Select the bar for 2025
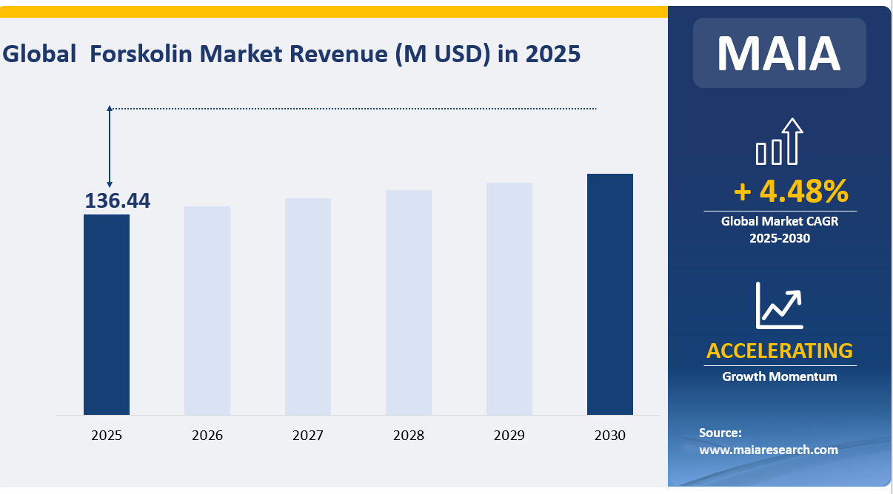107,314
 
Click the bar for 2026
207,311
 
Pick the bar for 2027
308,306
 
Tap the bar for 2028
409,302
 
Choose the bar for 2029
509,299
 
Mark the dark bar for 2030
610,294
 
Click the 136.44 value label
117,201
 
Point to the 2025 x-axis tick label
107,436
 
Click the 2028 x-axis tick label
409,436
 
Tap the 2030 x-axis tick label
610,436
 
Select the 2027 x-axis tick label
308,436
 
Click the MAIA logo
779,53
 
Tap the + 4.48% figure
791,192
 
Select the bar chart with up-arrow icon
779,142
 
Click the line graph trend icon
779,305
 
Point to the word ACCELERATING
779,351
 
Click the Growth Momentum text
779,376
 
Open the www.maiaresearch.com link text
768,450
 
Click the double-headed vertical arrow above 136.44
110,146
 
